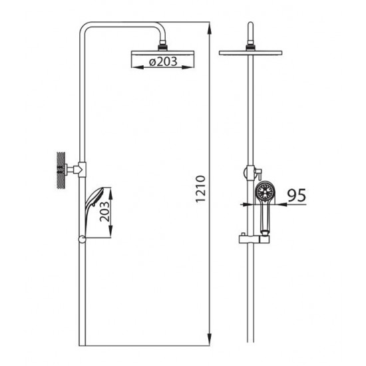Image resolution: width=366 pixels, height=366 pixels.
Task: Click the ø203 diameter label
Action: [x=163, y=61]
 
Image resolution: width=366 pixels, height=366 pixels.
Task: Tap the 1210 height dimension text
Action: [x=201, y=188]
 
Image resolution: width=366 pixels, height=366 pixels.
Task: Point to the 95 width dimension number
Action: [x=296, y=195]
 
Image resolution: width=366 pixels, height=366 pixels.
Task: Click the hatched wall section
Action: [x=61, y=170]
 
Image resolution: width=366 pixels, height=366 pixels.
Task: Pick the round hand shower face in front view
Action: [x=265, y=192]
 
